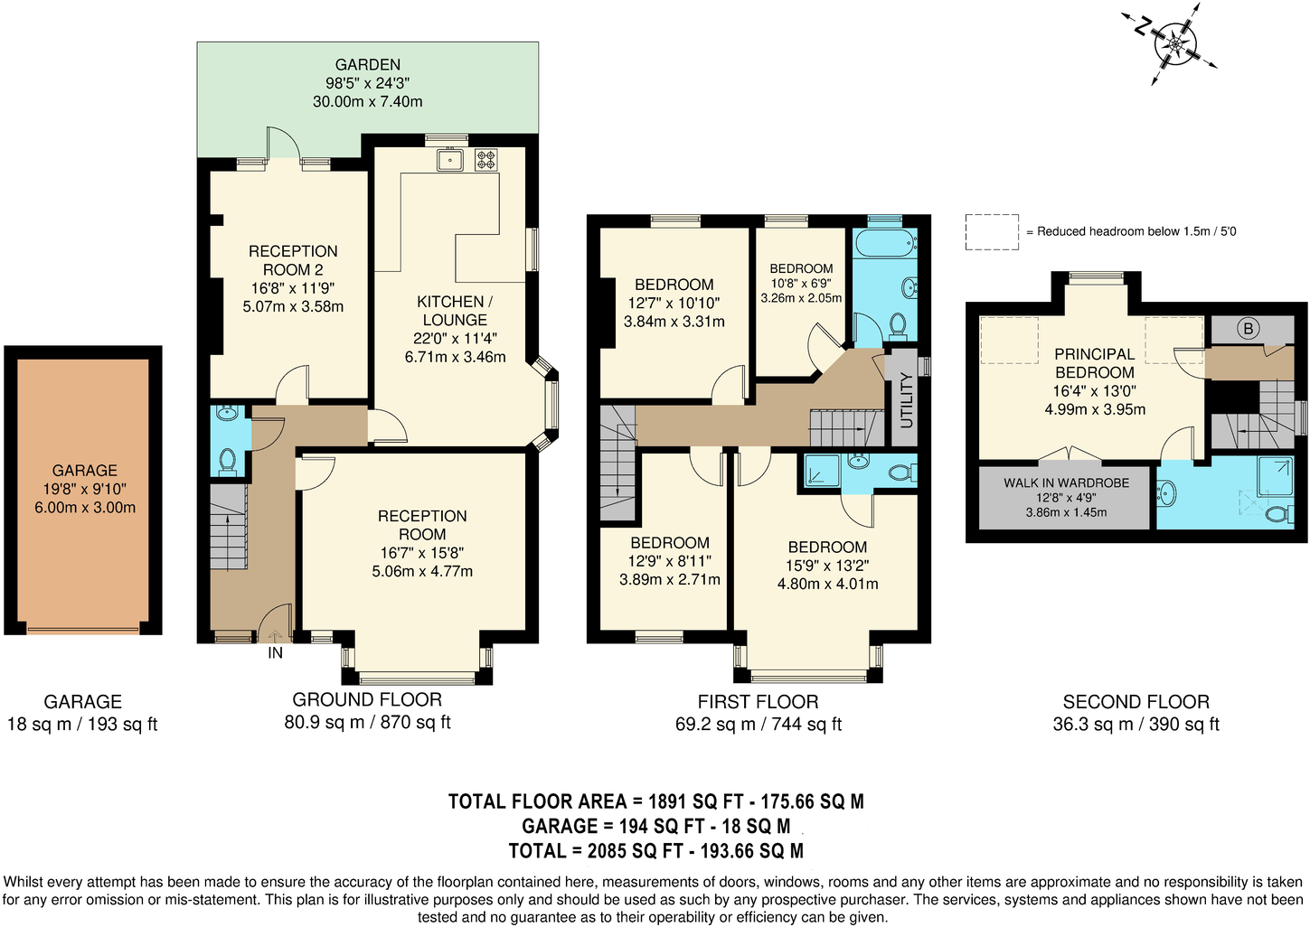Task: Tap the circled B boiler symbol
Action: click(1248, 329)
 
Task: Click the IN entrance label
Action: click(275, 653)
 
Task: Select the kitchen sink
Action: click(449, 160)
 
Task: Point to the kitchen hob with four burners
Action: click(486, 160)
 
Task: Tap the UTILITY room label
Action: click(907, 399)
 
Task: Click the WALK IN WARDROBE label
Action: click(1066, 482)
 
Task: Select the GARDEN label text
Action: click(367, 64)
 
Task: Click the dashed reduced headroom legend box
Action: click(992, 232)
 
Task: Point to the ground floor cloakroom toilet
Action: click(227, 462)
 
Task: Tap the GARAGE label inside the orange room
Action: click(84, 470)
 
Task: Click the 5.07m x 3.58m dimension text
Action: click(293, 306)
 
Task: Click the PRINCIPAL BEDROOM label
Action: click(1094, 363)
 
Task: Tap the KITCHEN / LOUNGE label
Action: click(455, 311)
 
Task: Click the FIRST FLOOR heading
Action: click(758, 701)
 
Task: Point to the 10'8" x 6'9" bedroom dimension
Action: click(801, 284)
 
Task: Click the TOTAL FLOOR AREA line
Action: click(655, 801)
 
